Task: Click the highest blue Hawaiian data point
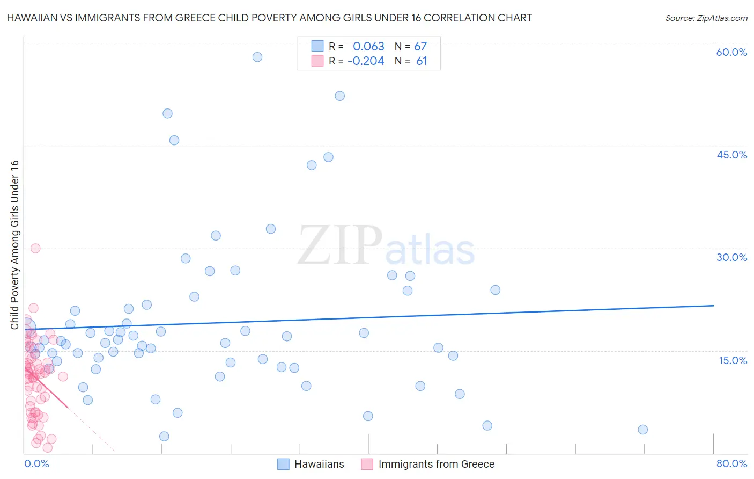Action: pos(257,57)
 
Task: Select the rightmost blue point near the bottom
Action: pos(643,430)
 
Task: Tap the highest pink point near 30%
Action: pos(35,248)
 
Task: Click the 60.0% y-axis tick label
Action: pos(731,52)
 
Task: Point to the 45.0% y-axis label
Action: pos(731,155)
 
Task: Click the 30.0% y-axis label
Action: pos(731,257)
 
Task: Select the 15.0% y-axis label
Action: pos(733,360)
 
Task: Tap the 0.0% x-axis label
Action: pos(36,463)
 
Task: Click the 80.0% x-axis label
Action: pos(731,463)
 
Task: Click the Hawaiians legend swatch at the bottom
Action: pos(283,464)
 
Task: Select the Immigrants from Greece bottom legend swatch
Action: pos(367,464)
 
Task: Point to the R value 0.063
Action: pos(368,46)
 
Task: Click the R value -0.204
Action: pos(366,61)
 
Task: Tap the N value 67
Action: pos(420,46)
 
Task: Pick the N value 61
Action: pos(422,61)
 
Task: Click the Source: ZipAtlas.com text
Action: pos(706,18)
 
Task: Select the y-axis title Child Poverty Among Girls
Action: pos(14,244)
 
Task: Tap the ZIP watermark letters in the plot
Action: pos(340,245)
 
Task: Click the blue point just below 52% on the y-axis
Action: pos(339,96)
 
